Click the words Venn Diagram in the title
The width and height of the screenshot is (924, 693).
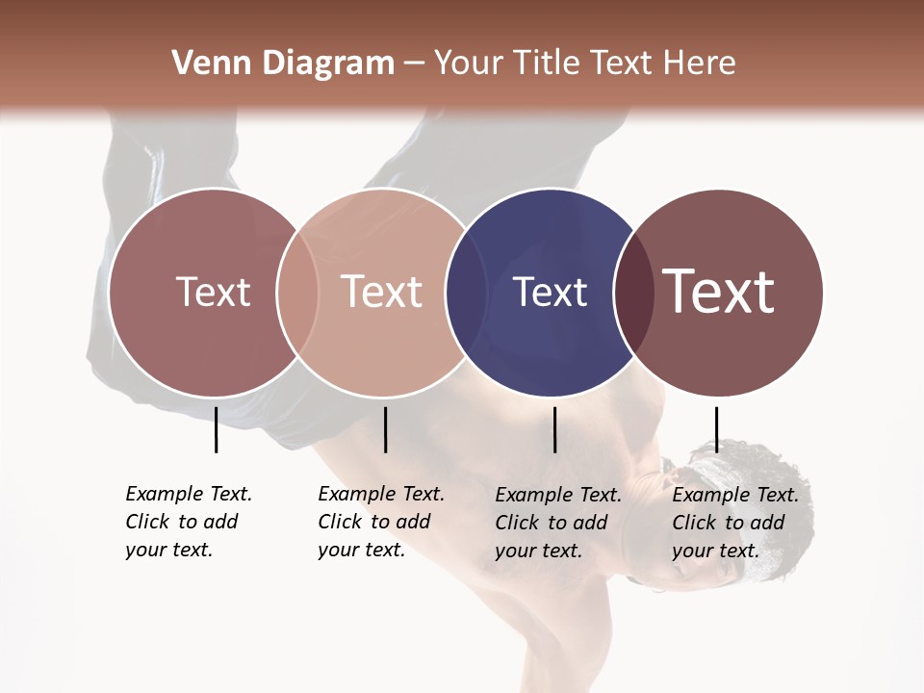(x=283, y=64)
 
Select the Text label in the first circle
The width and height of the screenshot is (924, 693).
(x=213, y=292)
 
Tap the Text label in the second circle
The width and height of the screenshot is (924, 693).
(x=382, y=292)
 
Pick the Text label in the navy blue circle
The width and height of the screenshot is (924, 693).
(x=550, y=292)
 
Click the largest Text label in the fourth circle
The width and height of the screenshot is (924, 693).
(x=719, y=292)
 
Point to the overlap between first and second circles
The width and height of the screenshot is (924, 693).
(x=297, y=292)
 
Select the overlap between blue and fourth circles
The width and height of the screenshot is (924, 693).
(x=634, y=292)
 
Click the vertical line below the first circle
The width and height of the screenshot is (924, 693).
(x=217, y=429)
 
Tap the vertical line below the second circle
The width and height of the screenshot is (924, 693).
(x=385, y=429)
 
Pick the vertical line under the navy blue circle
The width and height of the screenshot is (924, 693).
(x=554, y=429)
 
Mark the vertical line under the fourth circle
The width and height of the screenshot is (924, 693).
(x=716, y=429)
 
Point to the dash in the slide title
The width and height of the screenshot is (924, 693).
(x=414, y=64)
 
